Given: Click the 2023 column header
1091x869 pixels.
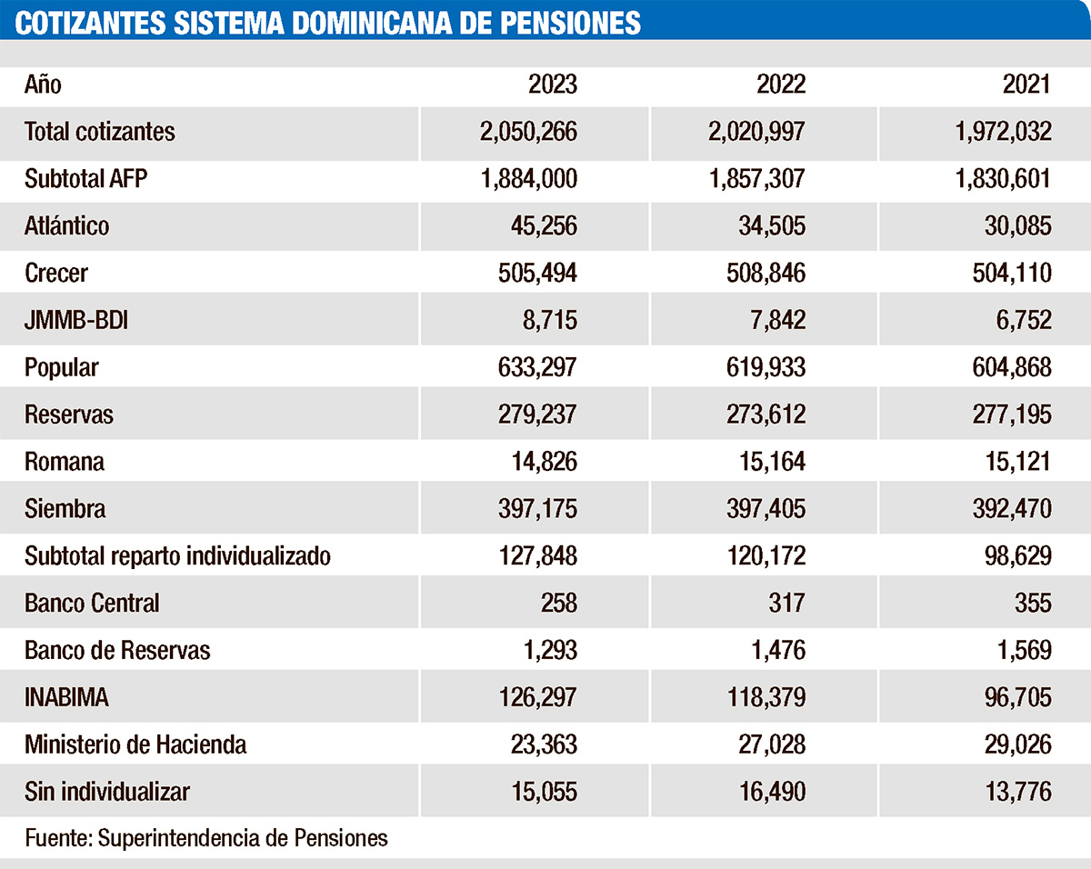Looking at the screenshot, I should point(552,85).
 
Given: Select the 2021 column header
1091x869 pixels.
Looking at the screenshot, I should point(1026,85).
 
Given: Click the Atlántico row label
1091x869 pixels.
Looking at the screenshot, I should point(66,225).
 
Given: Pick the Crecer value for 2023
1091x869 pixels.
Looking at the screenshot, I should point(526,273).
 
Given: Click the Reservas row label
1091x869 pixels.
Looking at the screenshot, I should point(69,415).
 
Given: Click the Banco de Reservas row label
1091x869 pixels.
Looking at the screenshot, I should point(117,650).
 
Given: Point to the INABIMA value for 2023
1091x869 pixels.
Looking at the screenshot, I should point(527,697).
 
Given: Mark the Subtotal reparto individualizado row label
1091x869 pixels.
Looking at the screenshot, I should point(177,555).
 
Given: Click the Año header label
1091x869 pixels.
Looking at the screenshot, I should point(43,85).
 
